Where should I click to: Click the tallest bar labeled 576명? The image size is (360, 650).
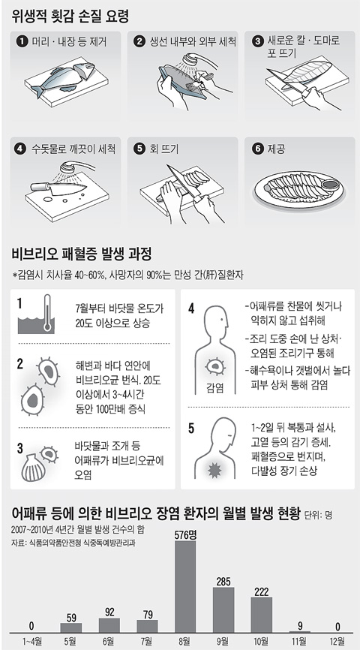click(185, 586)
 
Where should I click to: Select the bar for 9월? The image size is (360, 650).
click(223, 609)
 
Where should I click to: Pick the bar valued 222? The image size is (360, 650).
click(262, 615)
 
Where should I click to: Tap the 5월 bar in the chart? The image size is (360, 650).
click(70, 627)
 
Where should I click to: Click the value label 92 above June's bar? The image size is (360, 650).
click(109, 612)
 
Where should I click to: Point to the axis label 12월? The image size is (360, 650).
click(337, 642)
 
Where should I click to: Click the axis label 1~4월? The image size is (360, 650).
click(31, 642)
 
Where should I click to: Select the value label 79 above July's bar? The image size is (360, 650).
click(148, 614)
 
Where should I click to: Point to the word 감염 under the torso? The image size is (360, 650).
click(214, 388)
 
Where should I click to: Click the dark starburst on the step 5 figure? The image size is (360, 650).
click(214, 471)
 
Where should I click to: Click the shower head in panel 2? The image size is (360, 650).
click(191, 60)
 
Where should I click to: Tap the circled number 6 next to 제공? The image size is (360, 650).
click(258, 149)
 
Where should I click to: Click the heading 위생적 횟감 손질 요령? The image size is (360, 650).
click(70, 17)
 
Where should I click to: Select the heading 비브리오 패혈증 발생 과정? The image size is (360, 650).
click(82, 254)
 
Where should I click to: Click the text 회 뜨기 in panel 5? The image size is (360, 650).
click(164, 149)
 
